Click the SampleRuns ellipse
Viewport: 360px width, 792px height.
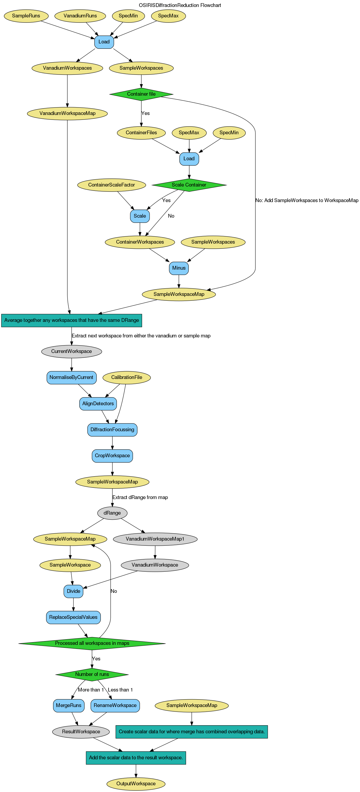coord(26,16)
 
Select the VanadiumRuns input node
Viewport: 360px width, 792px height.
coord(80,16)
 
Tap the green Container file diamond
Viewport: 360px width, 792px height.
coord(142,94)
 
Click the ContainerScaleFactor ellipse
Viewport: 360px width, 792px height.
coord(112,185)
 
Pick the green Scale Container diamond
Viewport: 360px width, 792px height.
coord(189,185)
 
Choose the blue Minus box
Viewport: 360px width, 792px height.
coord(179,268)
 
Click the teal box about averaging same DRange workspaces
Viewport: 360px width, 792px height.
coord(72,320)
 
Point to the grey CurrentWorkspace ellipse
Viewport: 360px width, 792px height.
coord(72,351)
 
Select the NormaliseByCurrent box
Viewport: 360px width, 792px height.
coord(72,377)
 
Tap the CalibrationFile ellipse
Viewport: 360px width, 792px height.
coord(127,377)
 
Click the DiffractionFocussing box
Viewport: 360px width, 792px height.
coord(112,430)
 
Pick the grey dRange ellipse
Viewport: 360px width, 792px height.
coord(112,513)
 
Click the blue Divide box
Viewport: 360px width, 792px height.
coord(73,591)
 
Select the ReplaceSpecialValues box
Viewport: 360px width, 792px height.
coord(73,617)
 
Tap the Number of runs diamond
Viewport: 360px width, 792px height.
coord(92,674)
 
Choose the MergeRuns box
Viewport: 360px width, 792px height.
coord(69,705)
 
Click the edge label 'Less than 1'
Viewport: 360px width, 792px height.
coord(120,690)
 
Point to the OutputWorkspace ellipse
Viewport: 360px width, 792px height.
coord(136,783)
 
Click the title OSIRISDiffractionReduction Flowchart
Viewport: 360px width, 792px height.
coord(180,5)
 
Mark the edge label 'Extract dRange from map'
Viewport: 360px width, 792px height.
coord(140,497)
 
